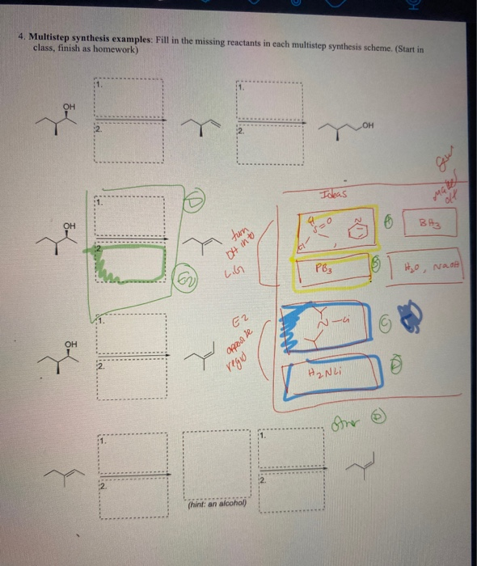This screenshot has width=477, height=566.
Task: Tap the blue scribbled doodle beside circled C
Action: pyautogui.click(x=412, y=319)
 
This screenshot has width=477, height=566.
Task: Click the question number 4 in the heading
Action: pyautogui.click(x=25, y=37)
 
